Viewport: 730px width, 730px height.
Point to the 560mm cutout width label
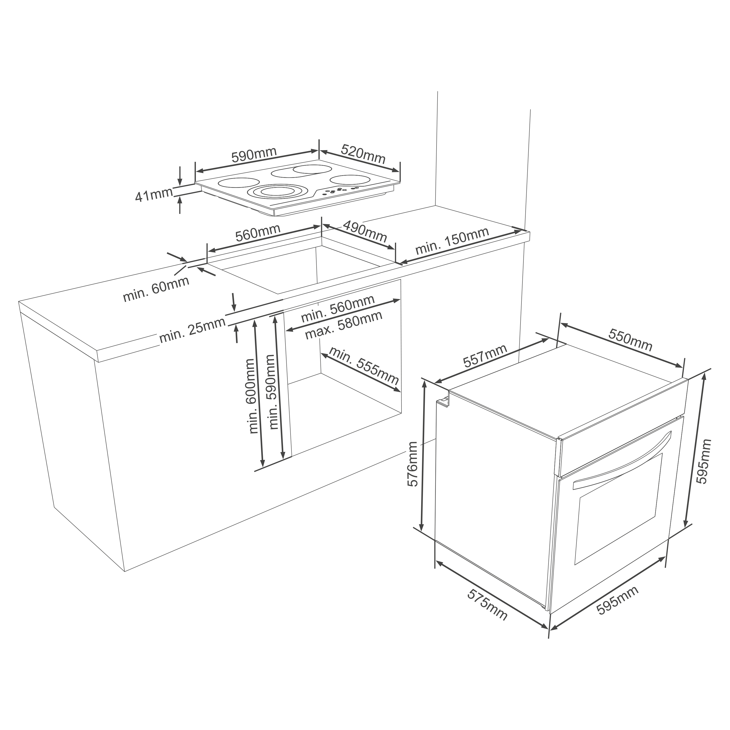[x=258, y=233]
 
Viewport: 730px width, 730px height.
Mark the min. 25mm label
[x=192, y=330]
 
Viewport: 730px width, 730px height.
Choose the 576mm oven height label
[x=413, y=464]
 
